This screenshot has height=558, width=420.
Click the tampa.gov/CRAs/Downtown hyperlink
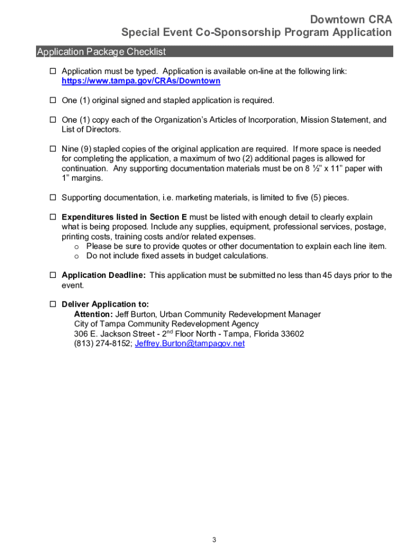[141, 81]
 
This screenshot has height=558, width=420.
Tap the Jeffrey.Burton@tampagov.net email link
[189, 344]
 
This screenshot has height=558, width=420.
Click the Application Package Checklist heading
[101, 52]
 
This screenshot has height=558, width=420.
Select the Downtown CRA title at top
[351, 20]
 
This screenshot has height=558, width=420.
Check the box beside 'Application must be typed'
[53, 71]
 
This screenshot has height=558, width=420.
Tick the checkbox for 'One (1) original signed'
[53, 101]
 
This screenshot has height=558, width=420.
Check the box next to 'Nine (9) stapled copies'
[53, 149]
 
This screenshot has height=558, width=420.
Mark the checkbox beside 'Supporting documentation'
[53, 198]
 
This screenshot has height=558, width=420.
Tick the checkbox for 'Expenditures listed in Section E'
[53, 217]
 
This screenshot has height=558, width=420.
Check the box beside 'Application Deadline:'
[53, 276]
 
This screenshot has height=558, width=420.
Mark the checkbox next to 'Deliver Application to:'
[53, 305]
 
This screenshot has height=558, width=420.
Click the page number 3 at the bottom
[214, 540]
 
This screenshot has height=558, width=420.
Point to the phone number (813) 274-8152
[102, 344]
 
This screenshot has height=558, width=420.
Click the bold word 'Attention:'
[94, 314]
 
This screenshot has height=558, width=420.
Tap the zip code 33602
[291, 334]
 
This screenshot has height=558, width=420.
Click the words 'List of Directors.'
[91, 130]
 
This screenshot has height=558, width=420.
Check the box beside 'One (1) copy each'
[53, 120]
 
